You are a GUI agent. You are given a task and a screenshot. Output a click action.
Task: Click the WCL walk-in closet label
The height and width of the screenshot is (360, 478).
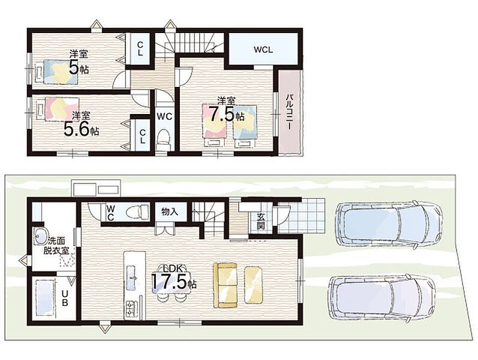[x=263, y=50]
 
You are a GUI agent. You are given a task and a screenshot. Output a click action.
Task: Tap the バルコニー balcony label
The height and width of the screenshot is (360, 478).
[x=289, y=112]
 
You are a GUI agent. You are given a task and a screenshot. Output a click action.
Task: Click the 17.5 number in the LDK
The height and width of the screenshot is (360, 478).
[x=169, y=281]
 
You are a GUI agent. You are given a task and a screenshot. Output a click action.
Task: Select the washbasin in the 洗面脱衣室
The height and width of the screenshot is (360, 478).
[x=40, y=236]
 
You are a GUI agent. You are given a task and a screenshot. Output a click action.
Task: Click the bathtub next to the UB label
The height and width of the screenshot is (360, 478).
[x=45, y=298]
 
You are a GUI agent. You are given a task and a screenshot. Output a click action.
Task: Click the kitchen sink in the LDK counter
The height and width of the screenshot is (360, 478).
[x=131, y=277]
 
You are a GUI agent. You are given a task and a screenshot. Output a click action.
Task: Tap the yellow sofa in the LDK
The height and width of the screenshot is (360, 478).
[x=226, y=285]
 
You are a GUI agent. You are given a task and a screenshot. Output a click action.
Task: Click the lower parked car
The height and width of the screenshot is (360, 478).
[x=381, y=298]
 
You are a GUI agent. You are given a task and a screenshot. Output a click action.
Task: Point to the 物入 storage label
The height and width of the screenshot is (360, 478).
[x=170, y=211]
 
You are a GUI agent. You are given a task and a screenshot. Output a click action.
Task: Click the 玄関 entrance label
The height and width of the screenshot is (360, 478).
[x=261, y=221]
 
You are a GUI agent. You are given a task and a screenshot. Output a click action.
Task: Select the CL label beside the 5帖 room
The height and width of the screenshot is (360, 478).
[x=140, y=49]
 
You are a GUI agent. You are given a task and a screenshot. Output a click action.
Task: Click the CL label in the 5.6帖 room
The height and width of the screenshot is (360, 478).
[x=142, y=136]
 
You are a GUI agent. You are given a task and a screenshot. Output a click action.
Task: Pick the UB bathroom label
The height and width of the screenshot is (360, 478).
[x=65, y=298]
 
